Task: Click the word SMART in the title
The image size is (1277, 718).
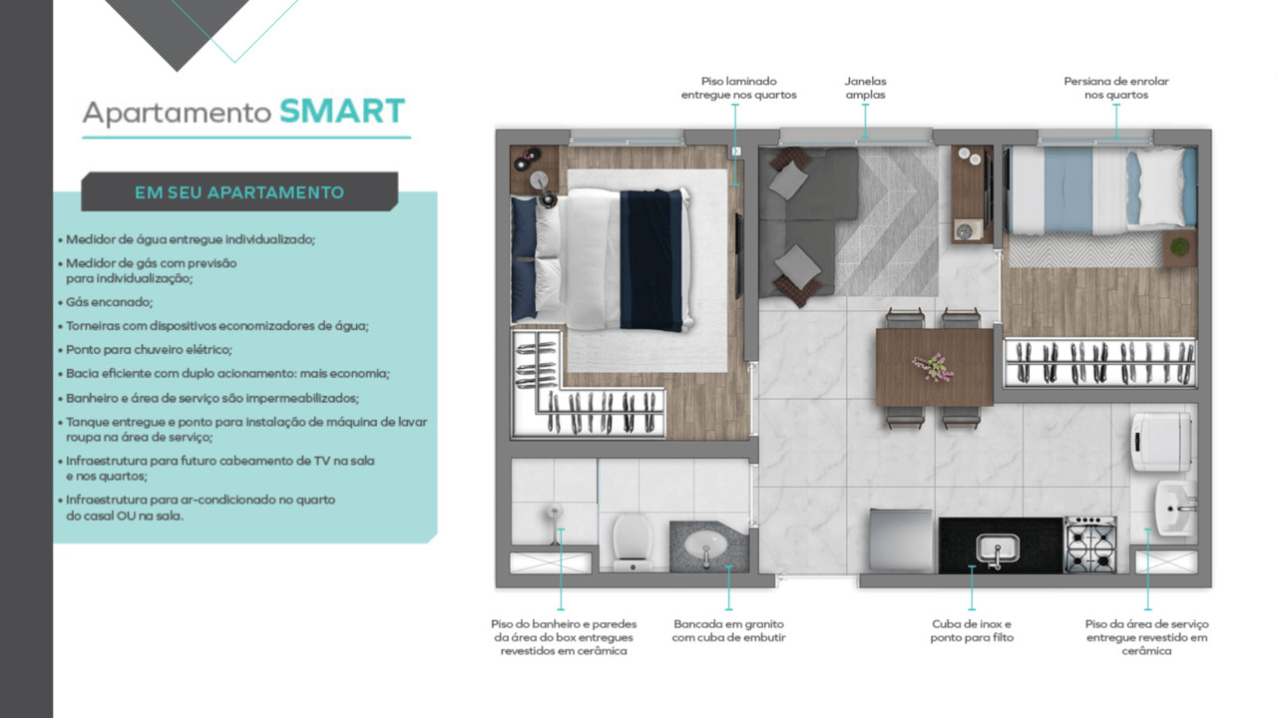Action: point(341,111)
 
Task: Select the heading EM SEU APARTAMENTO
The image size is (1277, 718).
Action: point(239,192)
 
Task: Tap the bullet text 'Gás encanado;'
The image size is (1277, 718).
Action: point(110,301)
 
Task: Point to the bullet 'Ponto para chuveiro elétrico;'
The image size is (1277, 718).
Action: point(149,350)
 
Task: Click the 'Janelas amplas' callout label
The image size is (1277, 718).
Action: point(865,88)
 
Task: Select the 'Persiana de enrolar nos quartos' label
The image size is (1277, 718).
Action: point(1116,88)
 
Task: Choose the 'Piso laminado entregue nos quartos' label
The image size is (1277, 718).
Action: point(738,88)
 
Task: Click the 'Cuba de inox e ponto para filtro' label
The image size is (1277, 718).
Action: point(972,630)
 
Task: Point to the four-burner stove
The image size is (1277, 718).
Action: point(1090,543)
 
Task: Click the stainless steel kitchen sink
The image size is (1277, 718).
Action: point(997,547)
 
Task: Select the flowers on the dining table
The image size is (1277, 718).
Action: point(934,367)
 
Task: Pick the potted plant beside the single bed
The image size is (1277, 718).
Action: point(1179,246)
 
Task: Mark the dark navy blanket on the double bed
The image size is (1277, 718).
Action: point(650,259)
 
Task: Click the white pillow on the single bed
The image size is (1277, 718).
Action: point(1163,186)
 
